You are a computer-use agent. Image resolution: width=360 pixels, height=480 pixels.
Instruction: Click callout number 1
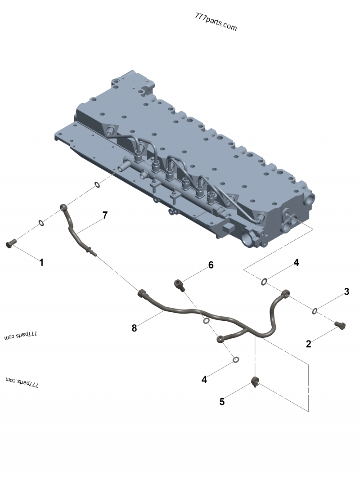pos(41,262)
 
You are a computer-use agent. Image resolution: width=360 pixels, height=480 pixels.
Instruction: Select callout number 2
pos(308,344)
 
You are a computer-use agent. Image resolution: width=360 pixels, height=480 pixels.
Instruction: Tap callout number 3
pos(346,292)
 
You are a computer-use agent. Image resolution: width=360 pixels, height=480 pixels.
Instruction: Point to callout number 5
pos(222,402)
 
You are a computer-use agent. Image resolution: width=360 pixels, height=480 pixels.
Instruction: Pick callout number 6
pos(211,265)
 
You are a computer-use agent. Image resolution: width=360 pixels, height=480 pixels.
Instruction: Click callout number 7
pos(105,215)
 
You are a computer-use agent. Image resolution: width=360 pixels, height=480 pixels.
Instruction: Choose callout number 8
pos(134,328)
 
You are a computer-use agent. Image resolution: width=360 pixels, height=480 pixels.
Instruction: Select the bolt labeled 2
pos(340,326)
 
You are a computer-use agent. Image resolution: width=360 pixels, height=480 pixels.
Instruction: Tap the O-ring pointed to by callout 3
pos(315,311)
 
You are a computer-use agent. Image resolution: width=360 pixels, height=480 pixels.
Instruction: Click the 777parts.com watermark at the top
pos(216,22)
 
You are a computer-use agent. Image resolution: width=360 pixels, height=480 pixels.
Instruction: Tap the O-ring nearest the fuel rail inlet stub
pos(97,184)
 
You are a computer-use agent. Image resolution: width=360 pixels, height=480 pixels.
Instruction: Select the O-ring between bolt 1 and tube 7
pos(41,223)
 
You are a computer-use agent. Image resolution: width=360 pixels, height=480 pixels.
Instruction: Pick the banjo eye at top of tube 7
pos(63,207)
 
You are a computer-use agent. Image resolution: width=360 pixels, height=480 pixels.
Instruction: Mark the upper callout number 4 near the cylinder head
pos(296,262)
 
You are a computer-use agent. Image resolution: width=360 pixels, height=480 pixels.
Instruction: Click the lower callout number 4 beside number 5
pos(204,380)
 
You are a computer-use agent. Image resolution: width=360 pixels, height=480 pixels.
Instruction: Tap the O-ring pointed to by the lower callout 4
pos(236,360)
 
